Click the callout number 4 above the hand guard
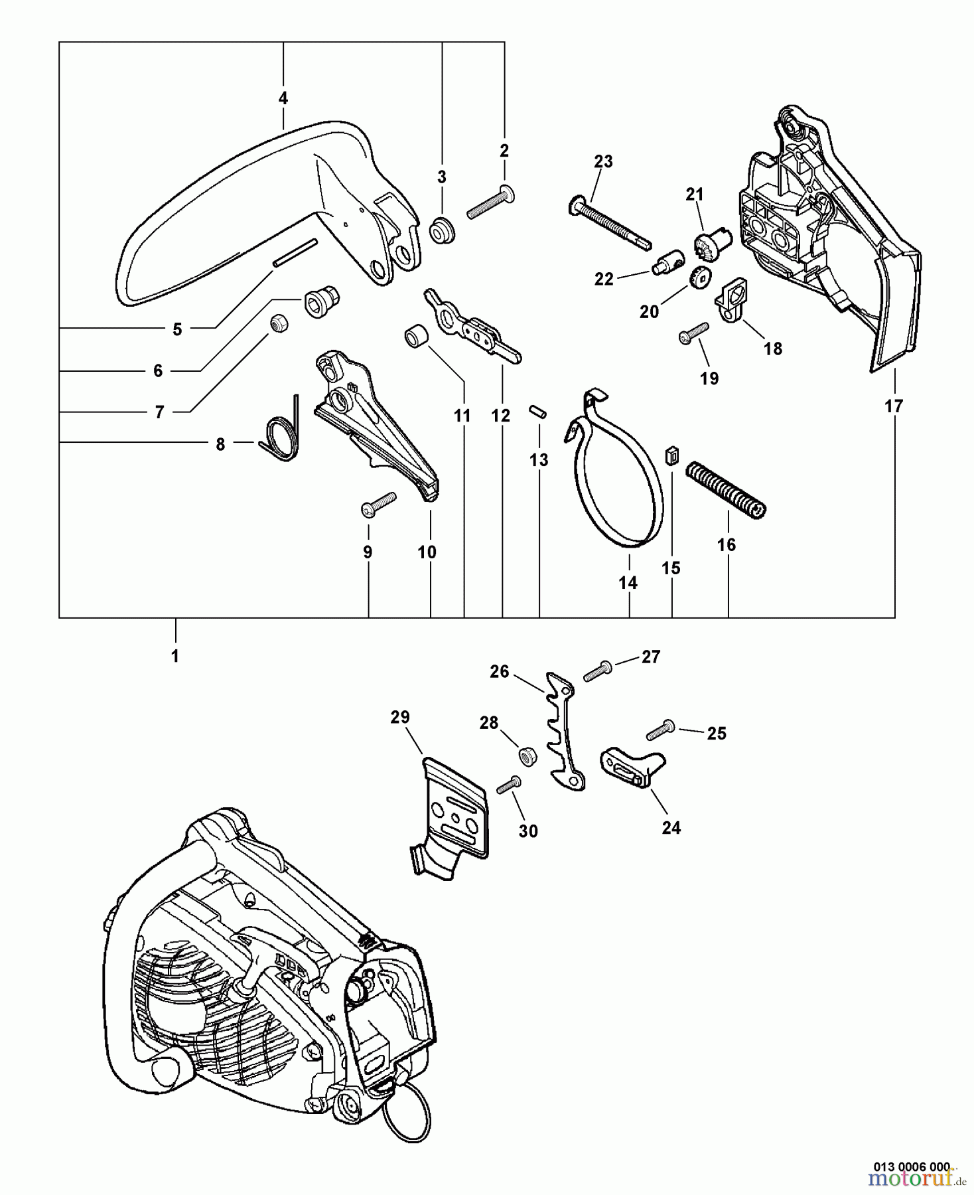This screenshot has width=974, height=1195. click(x=283, y=98)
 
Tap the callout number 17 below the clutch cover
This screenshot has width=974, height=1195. click(x=894, y=406)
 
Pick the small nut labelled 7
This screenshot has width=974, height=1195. click(x=278, y=325)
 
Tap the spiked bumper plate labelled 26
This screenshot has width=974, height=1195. click(x=564, y=730)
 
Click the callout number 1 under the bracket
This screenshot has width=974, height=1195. click(x=175, y=656)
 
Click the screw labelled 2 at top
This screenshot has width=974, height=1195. click(x=491, y=202)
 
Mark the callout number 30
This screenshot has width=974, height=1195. click(x=528, y=831)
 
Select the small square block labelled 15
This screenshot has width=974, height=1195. click(x=671, y=456)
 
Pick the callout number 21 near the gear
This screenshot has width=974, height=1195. click(x=695, y=195)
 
